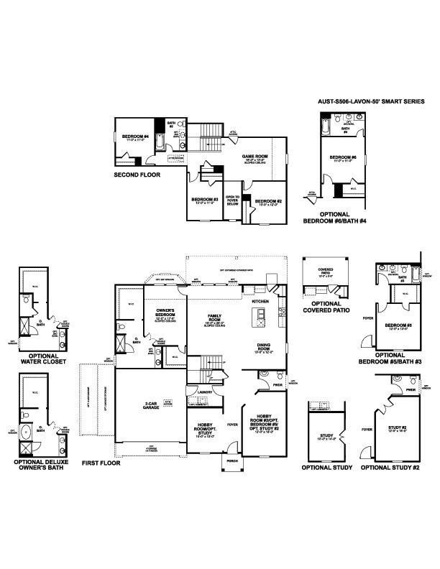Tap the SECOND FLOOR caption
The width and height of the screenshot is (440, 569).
137,175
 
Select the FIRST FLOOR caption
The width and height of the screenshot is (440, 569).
101,463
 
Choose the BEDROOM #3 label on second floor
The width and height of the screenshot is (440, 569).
205,200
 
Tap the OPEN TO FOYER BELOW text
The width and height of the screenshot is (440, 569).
232,200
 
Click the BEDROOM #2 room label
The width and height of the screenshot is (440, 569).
267,201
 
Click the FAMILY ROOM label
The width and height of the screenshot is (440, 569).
214,317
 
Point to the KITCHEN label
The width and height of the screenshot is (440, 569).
260,302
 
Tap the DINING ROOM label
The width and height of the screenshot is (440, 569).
262,347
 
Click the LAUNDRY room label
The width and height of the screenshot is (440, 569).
197,392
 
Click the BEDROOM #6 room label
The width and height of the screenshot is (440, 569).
339,157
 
